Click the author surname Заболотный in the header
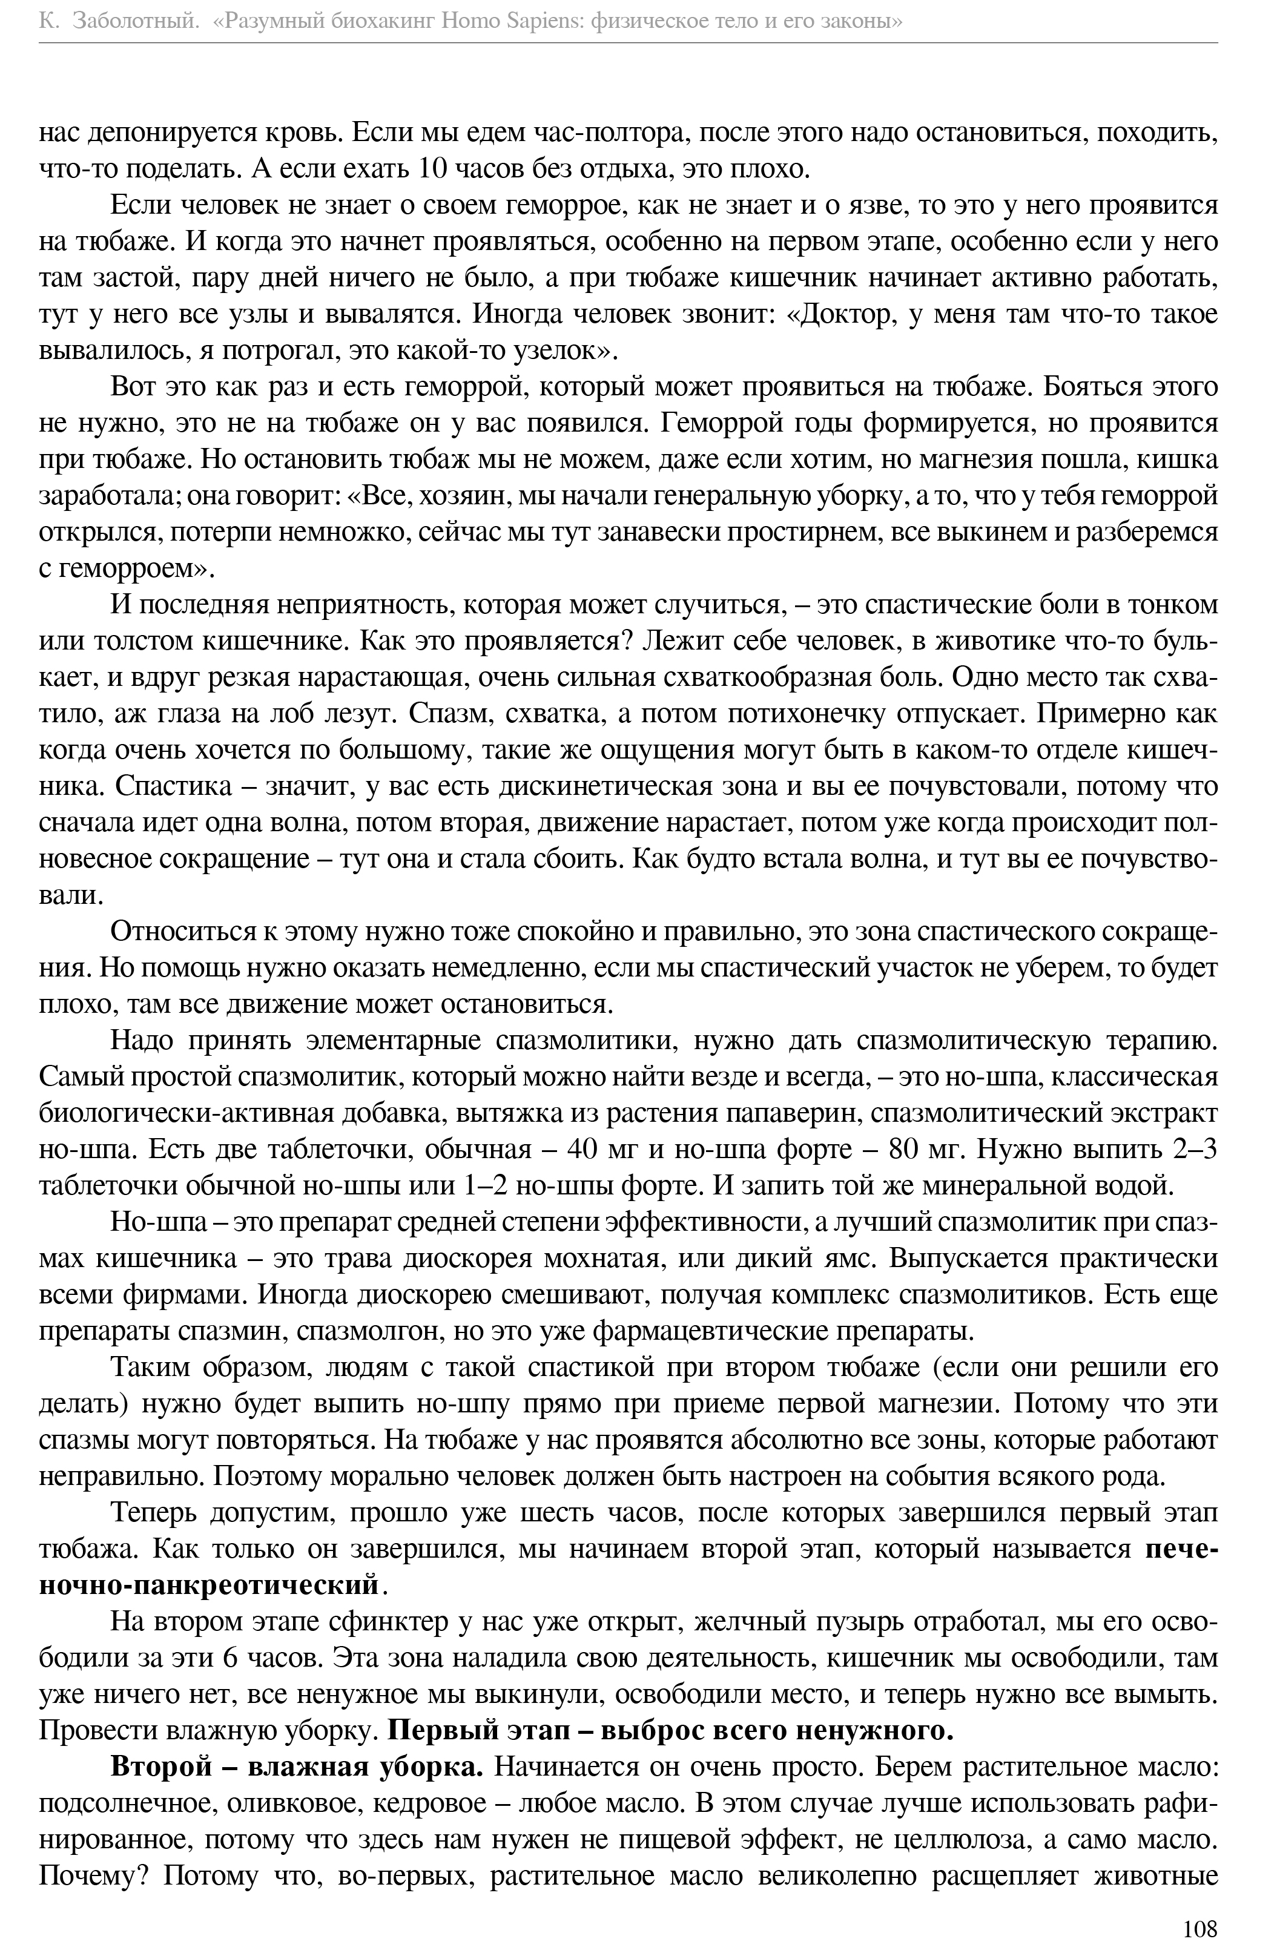136,22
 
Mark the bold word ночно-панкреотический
210,1584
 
